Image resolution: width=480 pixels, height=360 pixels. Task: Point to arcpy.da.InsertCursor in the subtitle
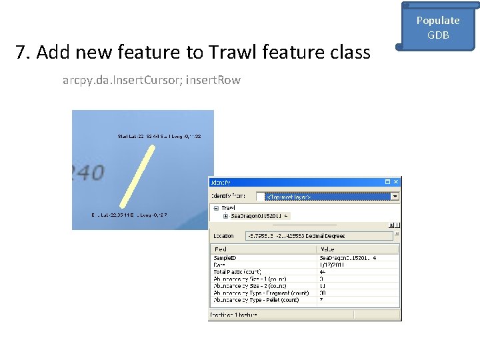(x=121, y=80)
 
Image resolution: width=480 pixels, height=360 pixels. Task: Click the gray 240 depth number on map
(x=87, y=173)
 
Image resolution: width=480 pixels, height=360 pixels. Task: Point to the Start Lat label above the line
(x=159, y=137)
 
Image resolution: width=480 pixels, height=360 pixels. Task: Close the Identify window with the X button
(x=396, y=181)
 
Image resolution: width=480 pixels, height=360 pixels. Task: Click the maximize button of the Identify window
(x=387, y=181)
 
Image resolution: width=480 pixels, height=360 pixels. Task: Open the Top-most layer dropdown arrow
(x=395, y=196)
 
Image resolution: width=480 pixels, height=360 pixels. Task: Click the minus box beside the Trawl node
(x=215, y=208)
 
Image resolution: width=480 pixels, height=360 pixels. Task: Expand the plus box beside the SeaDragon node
(x=225, y=216)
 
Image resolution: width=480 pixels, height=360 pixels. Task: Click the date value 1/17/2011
(x=331, y=264)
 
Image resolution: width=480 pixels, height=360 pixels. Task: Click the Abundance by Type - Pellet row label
(x=261, y=300)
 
